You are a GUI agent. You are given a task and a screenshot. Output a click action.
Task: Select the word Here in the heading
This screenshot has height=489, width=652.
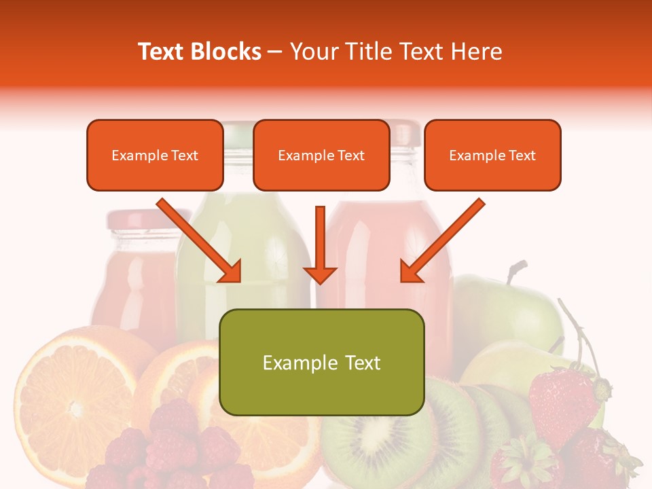[x=477, y=52]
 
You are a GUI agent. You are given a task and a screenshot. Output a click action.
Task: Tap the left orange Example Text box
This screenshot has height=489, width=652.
[x=155, y=156]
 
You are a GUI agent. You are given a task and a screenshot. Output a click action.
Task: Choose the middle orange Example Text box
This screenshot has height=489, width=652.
[x=321, y=156]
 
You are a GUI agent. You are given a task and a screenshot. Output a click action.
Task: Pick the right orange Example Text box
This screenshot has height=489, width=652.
[x=492, y=156]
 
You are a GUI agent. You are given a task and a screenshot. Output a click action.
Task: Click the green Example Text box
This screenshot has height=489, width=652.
[x=321, y=362]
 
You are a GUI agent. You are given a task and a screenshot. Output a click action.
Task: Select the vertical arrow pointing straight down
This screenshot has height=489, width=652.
[x=320, y=245]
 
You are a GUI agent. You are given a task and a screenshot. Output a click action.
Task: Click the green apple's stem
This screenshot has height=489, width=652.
[x=516, y=270]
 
